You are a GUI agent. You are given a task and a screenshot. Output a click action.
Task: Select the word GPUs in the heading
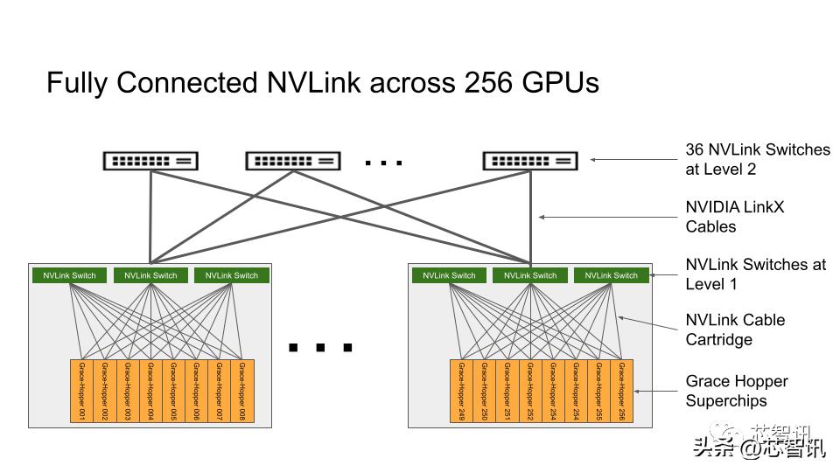coord(561,83)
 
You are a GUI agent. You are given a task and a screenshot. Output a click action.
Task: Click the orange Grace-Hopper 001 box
coord(82,391)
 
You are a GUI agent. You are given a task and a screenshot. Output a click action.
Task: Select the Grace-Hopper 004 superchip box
coord(150,391)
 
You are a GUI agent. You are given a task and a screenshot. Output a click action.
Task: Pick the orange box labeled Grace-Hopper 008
coord(242,391)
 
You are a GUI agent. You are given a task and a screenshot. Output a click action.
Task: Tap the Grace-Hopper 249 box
coord(462,391)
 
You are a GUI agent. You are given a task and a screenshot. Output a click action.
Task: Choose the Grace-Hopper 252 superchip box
coord(530,391)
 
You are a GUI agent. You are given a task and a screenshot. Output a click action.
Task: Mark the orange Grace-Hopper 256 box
coord(621,391)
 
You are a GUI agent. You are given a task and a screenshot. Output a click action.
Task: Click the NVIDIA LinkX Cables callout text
coord(735,217)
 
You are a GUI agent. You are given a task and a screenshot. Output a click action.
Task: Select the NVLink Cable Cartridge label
coord(735,330)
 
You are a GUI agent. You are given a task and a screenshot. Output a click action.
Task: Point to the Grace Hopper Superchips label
coord(737,391)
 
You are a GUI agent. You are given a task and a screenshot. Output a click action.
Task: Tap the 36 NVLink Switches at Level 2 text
coord(758,159)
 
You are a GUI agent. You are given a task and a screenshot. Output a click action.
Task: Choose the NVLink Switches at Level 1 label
coord(755,274)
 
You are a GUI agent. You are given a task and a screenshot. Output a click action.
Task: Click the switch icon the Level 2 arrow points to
coord(530,161)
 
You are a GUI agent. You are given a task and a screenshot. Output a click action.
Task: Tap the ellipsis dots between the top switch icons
coord(382,163)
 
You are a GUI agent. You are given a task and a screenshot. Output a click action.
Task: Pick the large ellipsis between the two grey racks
coord(320,347)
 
